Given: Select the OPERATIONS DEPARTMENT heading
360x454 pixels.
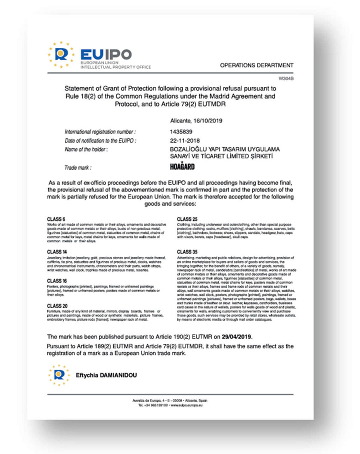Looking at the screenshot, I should [x=256, y=65].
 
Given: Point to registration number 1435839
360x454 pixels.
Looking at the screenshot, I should [x=180, y=131].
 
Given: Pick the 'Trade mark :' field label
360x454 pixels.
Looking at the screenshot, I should [x=78, y=168].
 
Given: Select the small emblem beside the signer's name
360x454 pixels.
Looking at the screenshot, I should [x=59, y=374].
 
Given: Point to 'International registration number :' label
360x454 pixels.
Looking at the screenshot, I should [x=100, y=131].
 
